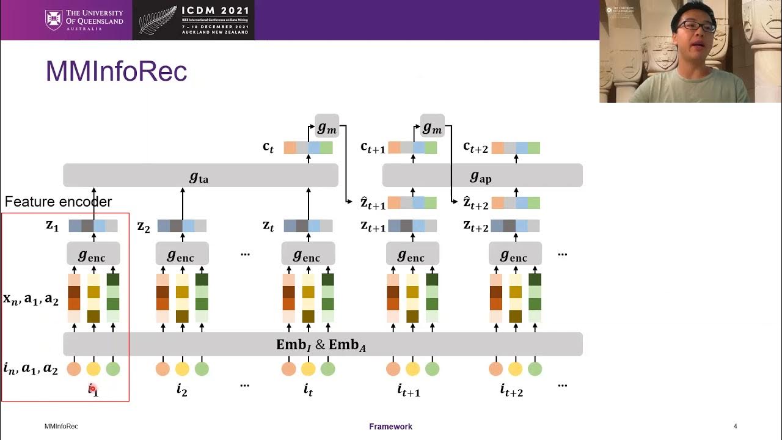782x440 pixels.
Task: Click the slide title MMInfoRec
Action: click(x=116, y=72)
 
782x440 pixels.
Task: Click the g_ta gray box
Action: click(x=200, y=176)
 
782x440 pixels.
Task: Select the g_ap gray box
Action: click(x=482, y=176)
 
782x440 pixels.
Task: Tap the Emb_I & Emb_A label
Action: click(x=321, y=345)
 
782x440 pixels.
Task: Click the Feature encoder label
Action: click(x=58, y=202)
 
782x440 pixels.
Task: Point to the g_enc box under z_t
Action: click(x=308, y=254)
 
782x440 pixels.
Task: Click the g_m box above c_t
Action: click(x=327, y=126)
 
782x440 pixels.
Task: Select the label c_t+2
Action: click(x=475, y=147)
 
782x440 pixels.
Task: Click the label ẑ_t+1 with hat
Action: click(x=373, y=203)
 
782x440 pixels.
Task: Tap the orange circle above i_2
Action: click(x=163, y=369)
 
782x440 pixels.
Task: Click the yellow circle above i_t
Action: click(x=308, y=369)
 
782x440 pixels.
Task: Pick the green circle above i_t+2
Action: click(x=535, y=369)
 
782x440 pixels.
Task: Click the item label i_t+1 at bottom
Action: click(x=409, y=389)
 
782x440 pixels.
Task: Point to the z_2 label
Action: click(x=144, y=227)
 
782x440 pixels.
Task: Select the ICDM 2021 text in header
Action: click(x=215, y=11)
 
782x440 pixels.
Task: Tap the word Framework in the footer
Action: click(x=390, y=427)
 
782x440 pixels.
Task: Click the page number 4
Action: click(x=736, y=427)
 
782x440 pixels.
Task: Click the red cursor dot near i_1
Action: click(x=92, y=387)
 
